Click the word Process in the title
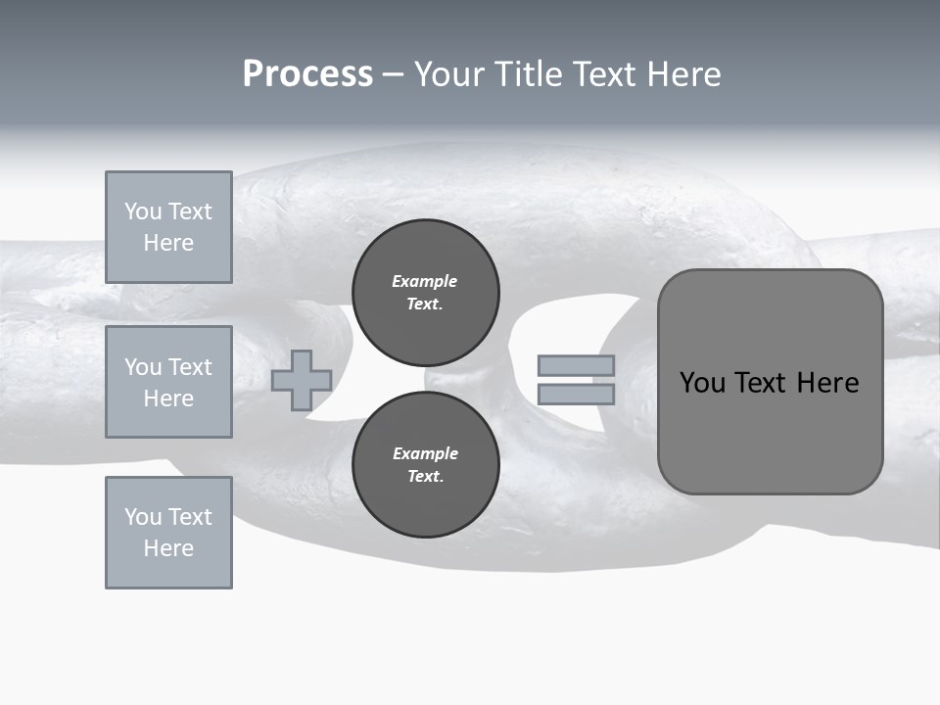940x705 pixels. pyautogui.click(x=307, y=74)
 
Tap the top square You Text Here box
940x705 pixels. pyautogui.click(x=168, y=227)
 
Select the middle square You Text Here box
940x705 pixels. pyautogui.click(x=168, y=382)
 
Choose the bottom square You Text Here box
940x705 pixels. pyautogui.click(x=168, y=533)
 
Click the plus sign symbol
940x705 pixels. pyautogui.click(x=302, y=380)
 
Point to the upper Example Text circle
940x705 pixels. pyautogui.click(x=426, y=292)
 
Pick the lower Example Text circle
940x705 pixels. pyautogui.click(x=426, y=464)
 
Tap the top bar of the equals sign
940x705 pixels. pyautogui.click(x=577, y=366)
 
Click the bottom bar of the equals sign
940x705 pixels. pyautogui.click(x=577, y=394)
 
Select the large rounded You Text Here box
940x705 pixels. pyautogui.click(x=770, y=382)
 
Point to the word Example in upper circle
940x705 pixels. pyautogui.click(x=424, y=281)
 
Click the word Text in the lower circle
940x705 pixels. pyautogui.click(x=424, y=476)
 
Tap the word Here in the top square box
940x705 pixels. pyautogui.click(x=168, y=243)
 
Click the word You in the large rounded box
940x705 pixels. pyautogui.click(x=702, y=383)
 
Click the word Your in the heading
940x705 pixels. pyautogui.click(x=449, y=74)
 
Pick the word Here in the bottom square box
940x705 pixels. pyautogui.click(x=168, y=548)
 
